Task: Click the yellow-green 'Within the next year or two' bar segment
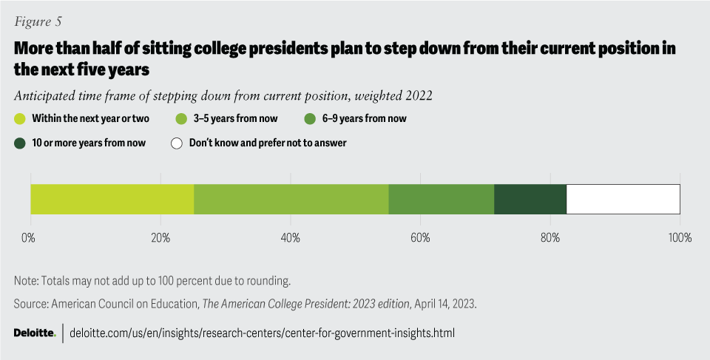[x=112, y=200]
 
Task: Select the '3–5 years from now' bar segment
[x=291, y=200]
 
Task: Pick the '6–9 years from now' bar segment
[x=441, y=200]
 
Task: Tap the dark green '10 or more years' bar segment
[x=530, y=200]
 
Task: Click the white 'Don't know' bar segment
[x=623, y=200]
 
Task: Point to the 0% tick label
[x=28, y=238]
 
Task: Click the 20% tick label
[x=160, y=238]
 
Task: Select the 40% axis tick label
[x=290, y=238]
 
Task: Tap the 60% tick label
[x=420, y=238]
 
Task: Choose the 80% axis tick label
[x=550, y=238]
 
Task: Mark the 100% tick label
[x=679, y=238]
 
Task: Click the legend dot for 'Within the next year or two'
[x=20, y=118]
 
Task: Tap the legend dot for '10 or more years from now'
[x=20, y=143]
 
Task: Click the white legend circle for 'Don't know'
[x=177, y=143]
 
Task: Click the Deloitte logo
[x=35, y=333]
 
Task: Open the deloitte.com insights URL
[x=262, y=333]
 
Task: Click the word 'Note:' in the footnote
[x=27, y=281]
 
